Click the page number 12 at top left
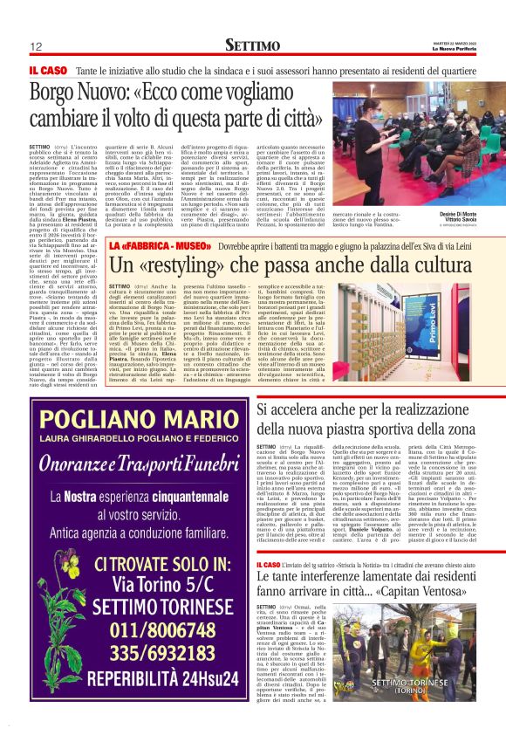pyautogui.click(x=37, y=46)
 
